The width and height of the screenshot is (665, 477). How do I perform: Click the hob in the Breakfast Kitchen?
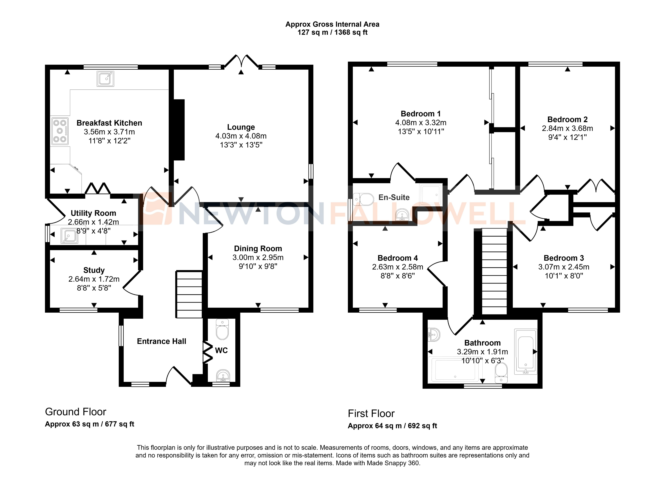click(60, 131)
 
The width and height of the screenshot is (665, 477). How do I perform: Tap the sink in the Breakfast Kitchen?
click(105, 78)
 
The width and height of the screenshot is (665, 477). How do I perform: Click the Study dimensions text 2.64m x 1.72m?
click(94, 279)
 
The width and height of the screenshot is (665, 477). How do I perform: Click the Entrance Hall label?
click(161, 341)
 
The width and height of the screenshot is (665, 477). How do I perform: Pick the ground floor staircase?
click(189, 294)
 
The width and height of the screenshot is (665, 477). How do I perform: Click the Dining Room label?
click(258, 249)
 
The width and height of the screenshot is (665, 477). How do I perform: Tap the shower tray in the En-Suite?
click(430, 194)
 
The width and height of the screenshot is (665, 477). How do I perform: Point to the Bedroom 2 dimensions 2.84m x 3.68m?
click(567, 128)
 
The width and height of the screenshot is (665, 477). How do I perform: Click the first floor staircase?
click(494, 272)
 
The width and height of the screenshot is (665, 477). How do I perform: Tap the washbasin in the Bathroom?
click(433, 335)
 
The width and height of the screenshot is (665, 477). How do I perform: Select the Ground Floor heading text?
click(76, 412)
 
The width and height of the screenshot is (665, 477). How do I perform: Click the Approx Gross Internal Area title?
click(332, 24)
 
